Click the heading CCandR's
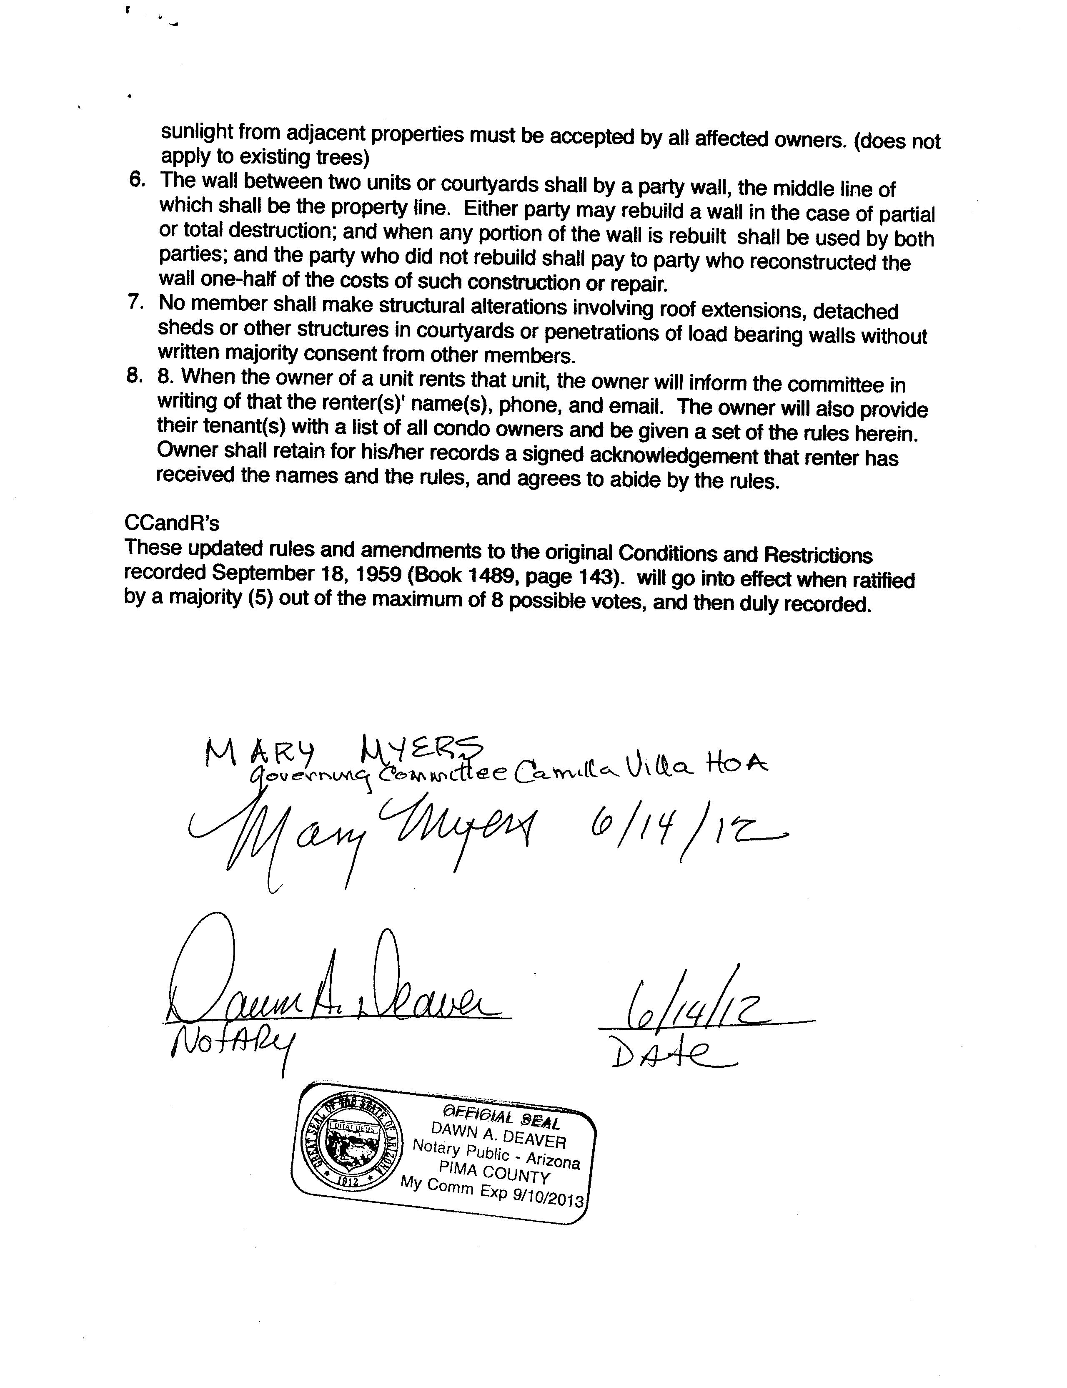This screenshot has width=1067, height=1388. coord(171,523)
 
